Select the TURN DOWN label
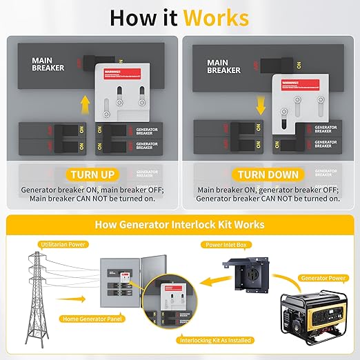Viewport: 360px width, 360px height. point(268,175)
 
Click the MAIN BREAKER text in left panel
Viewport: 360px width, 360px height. point(48,65)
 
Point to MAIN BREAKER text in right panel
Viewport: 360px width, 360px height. point(224,66)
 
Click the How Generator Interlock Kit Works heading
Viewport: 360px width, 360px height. point(179,225)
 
